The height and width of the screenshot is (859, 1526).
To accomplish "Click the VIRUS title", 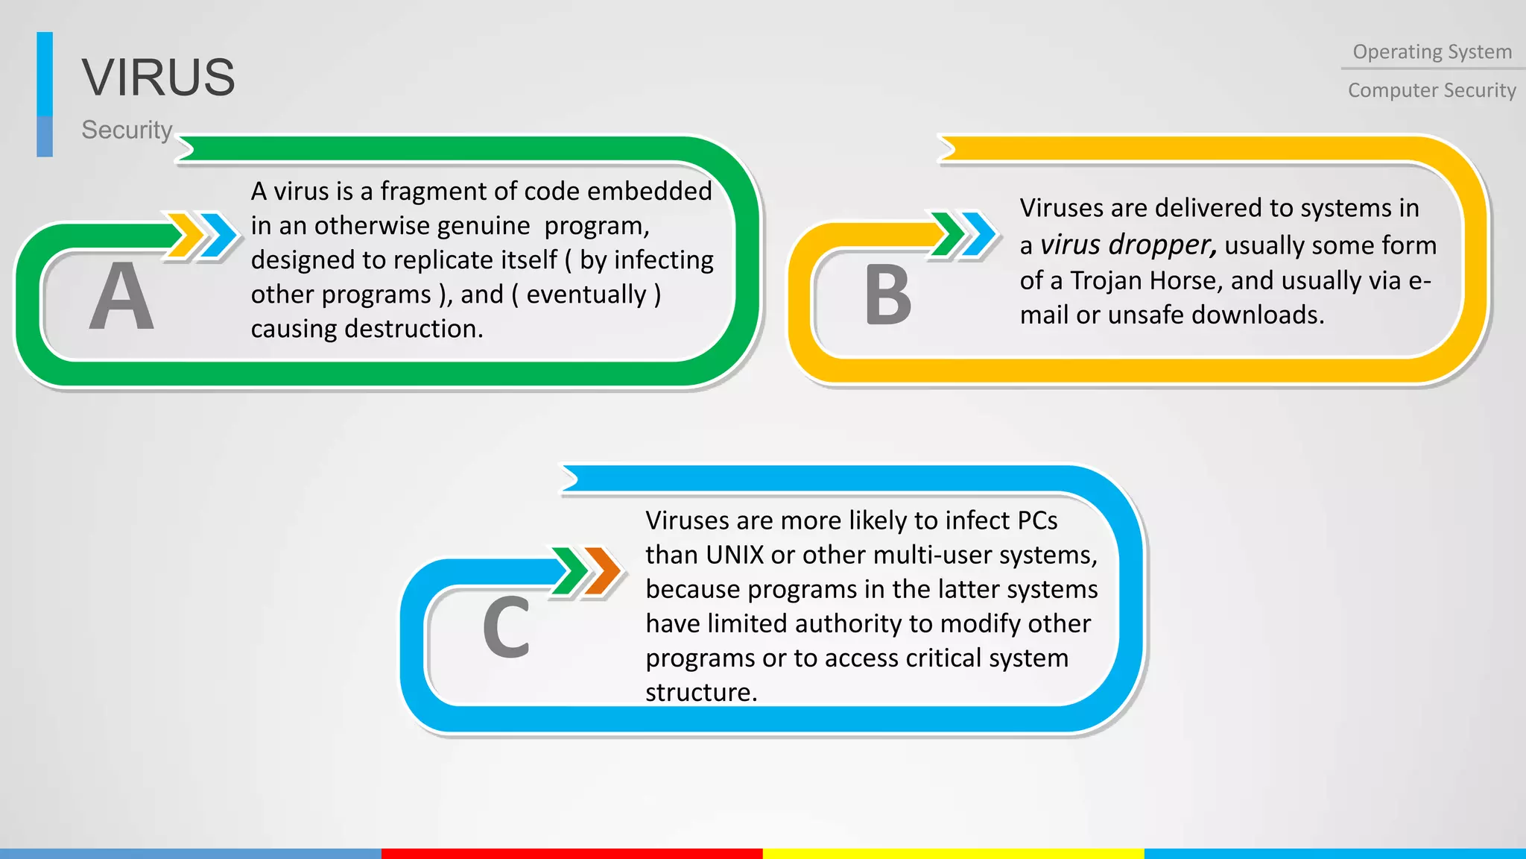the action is (158, 77).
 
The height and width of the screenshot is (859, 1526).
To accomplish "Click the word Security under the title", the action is (127, 130).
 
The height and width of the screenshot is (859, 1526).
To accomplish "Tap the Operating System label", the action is (1432, 51).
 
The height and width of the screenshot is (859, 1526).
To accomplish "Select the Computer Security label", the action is (1431, 90).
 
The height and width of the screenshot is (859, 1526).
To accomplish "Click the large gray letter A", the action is (121, 296).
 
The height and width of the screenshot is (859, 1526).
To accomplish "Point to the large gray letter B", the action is (887, 296).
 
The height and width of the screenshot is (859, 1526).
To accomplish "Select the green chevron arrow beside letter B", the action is (949, 234).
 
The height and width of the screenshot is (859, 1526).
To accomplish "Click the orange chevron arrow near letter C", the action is (603, 571).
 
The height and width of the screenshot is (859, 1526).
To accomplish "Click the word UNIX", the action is (735, 555).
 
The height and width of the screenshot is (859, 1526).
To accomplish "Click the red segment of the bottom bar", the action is (572, 853).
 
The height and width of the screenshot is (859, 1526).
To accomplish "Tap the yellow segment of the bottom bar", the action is (953, 853).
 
